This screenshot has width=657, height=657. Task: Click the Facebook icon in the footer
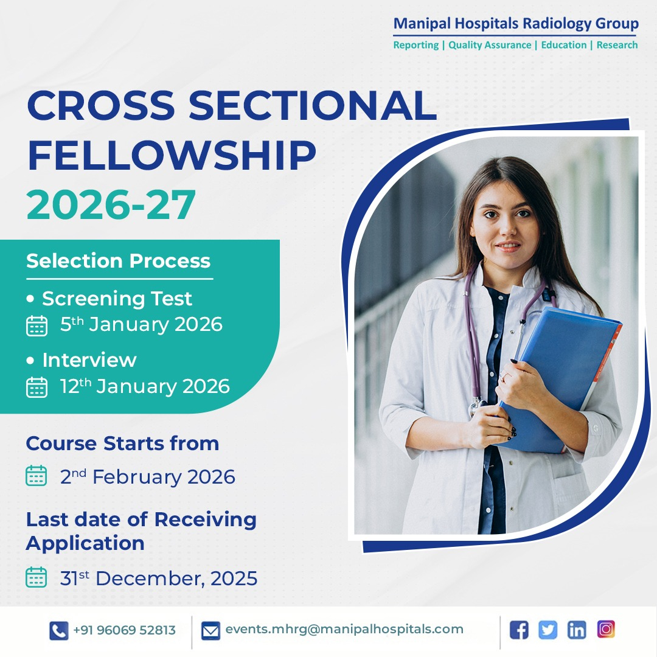coord(518,630)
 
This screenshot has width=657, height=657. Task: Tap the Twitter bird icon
coord(547,630)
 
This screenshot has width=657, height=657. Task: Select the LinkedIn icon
coord(577,630)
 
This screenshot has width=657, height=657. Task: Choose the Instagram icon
coord(606,629)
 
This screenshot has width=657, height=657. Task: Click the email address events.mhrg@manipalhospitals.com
coord(344,630)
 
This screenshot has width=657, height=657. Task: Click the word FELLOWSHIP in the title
coord(172,156)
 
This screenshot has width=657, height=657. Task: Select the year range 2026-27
coord(111,204)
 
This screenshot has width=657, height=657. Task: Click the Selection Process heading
coord(118,261)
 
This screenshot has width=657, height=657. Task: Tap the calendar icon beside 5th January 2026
coord(36,325)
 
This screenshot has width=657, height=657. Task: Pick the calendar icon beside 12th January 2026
coord(36,387)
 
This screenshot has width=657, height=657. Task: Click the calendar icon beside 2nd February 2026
coord(36,476)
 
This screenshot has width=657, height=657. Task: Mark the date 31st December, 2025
coord(158,579)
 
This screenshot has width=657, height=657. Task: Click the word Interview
coord(89,360)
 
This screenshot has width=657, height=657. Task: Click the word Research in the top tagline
coord(617,45)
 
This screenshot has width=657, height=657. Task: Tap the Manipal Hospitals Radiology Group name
coord(516,24)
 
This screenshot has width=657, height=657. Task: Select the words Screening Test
coord(117,299)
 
